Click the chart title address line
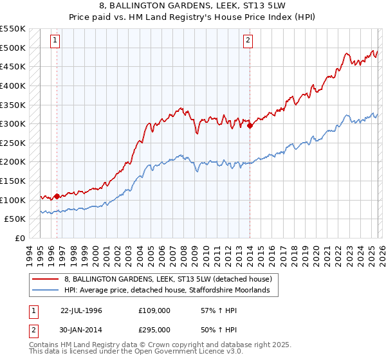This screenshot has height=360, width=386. [x=192, y=6]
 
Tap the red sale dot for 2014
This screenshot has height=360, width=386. [x=250, y=126]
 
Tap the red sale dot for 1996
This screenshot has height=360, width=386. [x=57, y=196]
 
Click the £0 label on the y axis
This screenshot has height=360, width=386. [x=19, y=238]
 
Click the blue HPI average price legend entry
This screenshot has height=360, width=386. [x=171, y=291]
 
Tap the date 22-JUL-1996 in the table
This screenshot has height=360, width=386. [x=81, y=310]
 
